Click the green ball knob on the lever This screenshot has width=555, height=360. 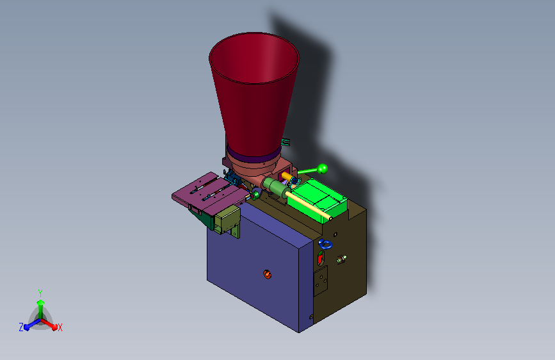(x=322, y=168)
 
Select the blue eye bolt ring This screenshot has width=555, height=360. (x=325, y=244)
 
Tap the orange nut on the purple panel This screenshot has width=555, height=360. (x=267, y=274)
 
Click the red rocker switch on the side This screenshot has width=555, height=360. (x=320, y=258)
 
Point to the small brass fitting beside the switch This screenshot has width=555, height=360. (x=341, y=259)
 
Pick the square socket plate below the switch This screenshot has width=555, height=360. (x=321, y=281)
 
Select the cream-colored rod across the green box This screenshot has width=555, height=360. (x=309, y=206)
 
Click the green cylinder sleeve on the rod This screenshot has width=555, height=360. (x=277, y=188)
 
